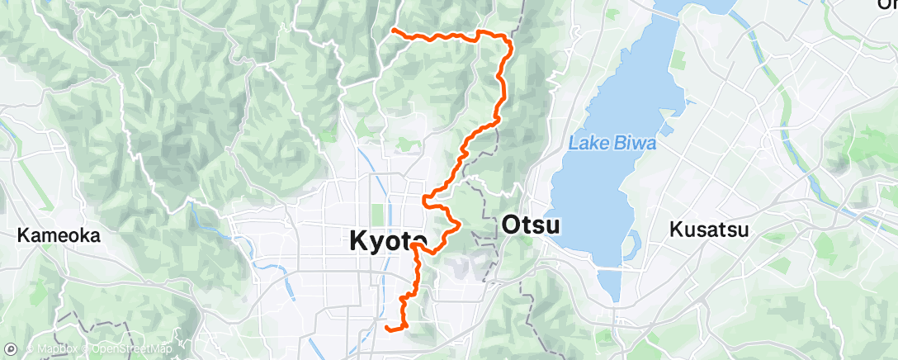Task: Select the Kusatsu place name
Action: [x=709, y=230]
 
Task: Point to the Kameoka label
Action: [x=59, y=236]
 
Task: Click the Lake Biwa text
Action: [x=612, y=144]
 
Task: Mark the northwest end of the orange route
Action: [x=393, y=31]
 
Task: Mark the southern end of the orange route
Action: [x=387, y=329]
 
